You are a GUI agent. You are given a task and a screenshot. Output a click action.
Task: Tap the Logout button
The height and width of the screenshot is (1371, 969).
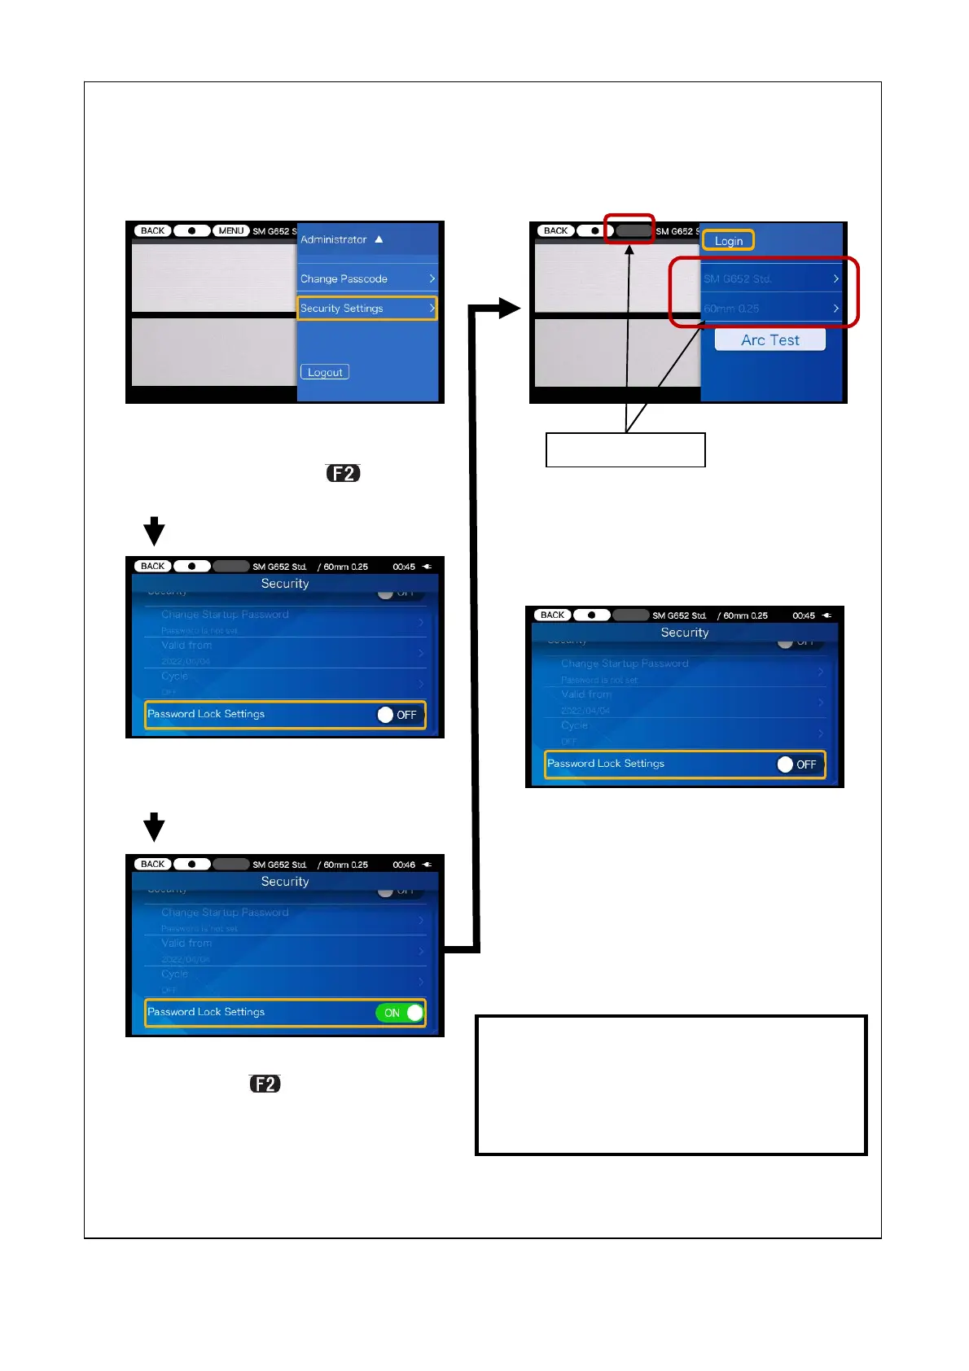[325, 372]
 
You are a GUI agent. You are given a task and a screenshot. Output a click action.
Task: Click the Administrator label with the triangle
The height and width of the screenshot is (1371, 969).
[341, 239]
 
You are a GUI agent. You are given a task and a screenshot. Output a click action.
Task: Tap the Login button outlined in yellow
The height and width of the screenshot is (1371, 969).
[729, 241]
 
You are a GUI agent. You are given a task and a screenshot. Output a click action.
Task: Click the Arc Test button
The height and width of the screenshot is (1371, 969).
[769, 340]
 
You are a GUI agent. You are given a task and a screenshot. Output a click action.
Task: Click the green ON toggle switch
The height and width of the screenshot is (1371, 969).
[400, 1013]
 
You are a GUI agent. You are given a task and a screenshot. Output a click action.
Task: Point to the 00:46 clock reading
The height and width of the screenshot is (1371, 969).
[404, 865]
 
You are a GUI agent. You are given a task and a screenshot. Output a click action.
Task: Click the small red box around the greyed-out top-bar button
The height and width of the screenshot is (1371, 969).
[629, 229]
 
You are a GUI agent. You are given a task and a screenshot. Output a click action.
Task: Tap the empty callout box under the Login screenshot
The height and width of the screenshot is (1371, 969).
[625, 450]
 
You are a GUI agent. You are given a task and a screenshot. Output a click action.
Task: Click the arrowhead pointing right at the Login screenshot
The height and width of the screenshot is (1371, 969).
[509, 308]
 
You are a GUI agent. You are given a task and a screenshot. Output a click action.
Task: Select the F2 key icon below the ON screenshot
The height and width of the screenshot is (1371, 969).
[265, 1084]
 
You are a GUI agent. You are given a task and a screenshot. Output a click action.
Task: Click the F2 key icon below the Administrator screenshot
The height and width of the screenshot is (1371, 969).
[343, 473]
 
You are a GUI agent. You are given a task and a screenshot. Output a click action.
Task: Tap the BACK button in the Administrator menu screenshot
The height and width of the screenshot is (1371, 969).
[152, 230]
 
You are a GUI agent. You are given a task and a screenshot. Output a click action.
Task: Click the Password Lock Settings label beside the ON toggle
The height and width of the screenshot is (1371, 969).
[206, 1012]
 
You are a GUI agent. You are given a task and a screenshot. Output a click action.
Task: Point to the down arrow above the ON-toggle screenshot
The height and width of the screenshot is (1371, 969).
[154, 827]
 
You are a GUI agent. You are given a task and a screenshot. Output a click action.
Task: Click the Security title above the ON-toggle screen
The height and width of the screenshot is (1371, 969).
[285, 882]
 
